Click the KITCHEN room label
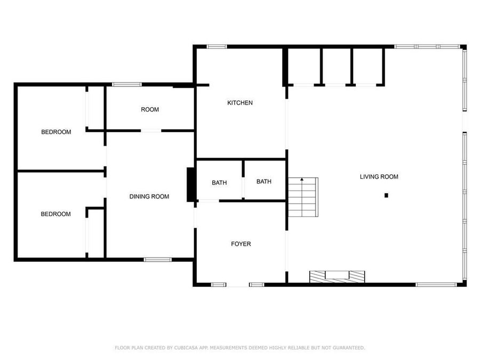[x=240, y=103]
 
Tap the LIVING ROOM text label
[x=379, y=177]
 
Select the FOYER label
[x=241, y=244]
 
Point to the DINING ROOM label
[x=149, y=197]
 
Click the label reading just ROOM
[x=150, y=110]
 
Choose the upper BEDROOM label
[x=56, y=132]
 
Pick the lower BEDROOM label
[x=56, y=214]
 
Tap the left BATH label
[x=219, y=183]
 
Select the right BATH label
[x=264, y=182]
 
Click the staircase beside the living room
[x=303, y=197]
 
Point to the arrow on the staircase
[x=302, y=180]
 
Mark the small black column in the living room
[x=386, y=196]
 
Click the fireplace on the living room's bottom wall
[x=338, y=276]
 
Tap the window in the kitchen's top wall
[x=217, y=47]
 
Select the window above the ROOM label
[x=126, y=84]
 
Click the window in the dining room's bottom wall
[x=157, y=260]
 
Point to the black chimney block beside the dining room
[x=190, y=185]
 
